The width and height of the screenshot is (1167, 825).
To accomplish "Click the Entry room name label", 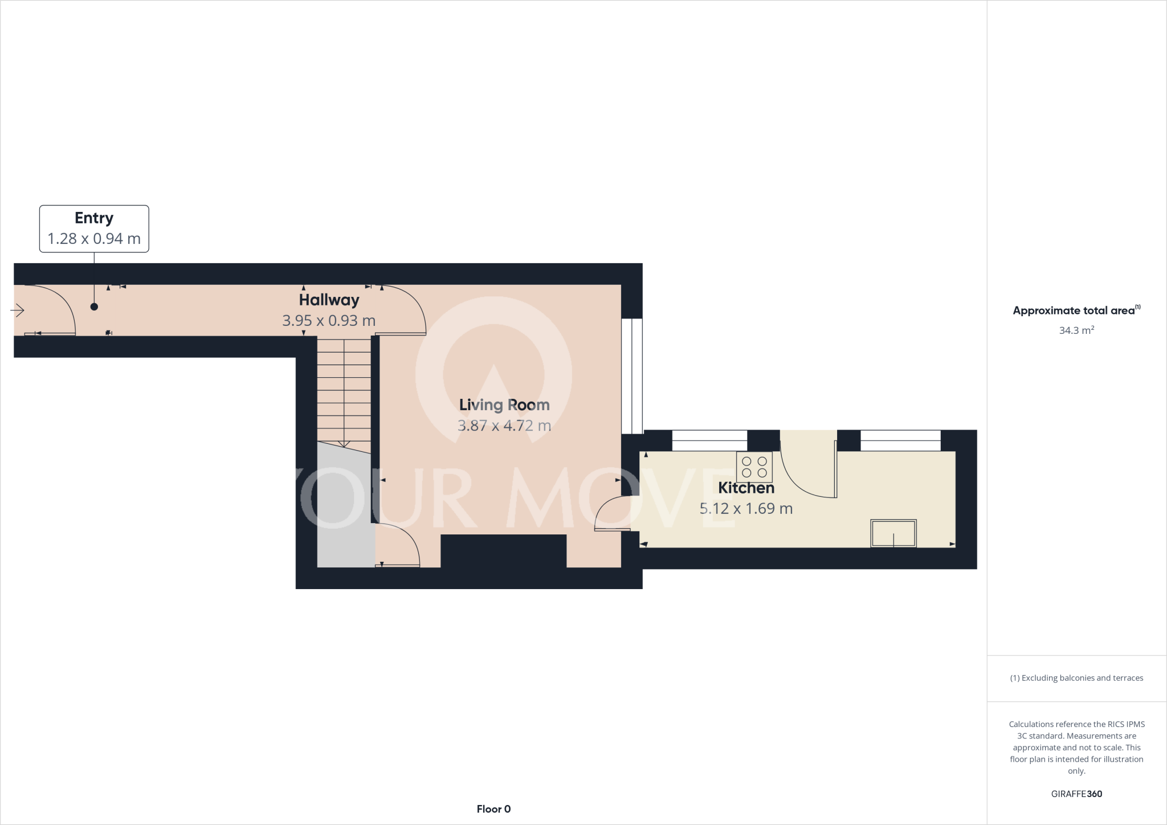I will coord(94,218).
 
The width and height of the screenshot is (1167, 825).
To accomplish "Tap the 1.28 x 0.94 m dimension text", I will coord(94,239).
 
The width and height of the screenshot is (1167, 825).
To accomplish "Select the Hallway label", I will coord(329,300).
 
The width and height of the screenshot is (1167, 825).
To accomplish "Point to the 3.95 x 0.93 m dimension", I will coord(329,321).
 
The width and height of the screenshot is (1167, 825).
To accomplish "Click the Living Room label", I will coord(504,405).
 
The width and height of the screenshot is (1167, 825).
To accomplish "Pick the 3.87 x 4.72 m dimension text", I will coord(504,426).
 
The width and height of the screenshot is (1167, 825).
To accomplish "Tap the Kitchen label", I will coord(746,488).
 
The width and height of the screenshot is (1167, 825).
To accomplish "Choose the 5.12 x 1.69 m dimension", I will coord(746,508).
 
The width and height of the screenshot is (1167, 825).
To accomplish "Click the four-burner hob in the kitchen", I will coord(754,467).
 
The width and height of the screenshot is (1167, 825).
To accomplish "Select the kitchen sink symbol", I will coord(893,533).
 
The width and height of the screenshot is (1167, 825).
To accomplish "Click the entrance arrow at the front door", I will coord(17,311).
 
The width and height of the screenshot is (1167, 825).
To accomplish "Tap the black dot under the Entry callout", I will coord(94,307).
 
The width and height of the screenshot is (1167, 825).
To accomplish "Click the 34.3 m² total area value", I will coord(1076,330).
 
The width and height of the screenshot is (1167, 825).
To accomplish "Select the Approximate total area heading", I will coord(1076,311).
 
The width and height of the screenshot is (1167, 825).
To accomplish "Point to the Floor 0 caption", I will coord(493,809).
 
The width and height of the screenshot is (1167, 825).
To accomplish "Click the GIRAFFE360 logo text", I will coord(1076,794).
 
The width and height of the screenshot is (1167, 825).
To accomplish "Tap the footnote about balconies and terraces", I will coord(1076,678).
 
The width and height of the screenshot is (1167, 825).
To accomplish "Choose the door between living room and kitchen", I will coord(611,514).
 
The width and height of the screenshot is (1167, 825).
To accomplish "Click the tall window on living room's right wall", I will coord(631,376).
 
